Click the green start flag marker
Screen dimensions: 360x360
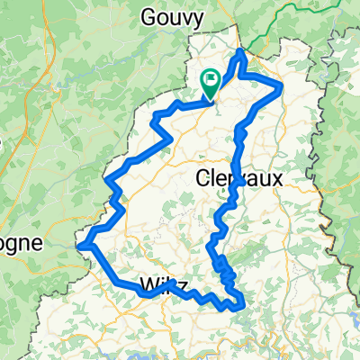(210, 84)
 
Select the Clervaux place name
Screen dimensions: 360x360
(238, 180)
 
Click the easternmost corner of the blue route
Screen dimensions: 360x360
(283, 86)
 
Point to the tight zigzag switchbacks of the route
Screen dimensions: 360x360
(225, 270)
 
